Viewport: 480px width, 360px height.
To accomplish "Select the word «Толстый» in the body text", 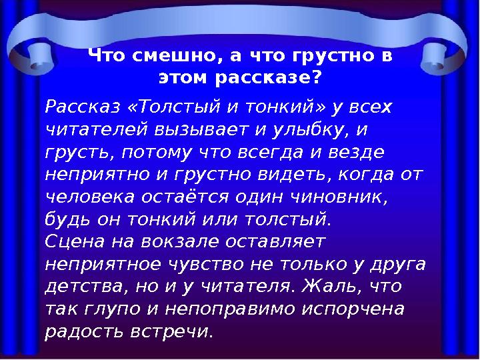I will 173,107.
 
